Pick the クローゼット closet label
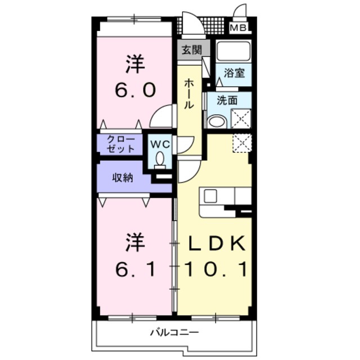pyautogui.click(x=121, y=145)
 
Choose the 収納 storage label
pyautogui.click(x=122, y=178)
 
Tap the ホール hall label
pyautogui.click(x=190, y=94)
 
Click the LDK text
pyautogui.click(x=216, y=244)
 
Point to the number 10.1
pyautogui.click(x=216, y=271)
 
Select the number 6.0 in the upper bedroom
pyautogui.click(x=134, y=91)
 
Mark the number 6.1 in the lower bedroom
pyautogui.click(x=134, y=271)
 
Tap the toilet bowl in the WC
pyautogui.click(x=160, y=158)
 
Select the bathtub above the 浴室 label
pyautogui.click(x=233, y=51)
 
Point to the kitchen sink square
pyautogui.click(x=210, y=196)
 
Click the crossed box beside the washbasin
pyautogui.click(x=241, y=119)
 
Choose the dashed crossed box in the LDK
pyautogui.click(x=241, y=142)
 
